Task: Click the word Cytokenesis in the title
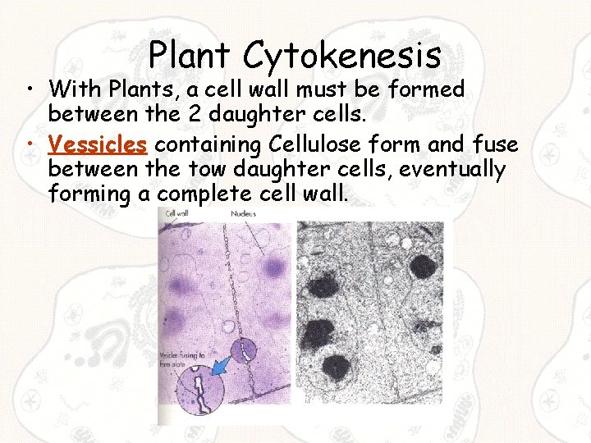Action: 342,57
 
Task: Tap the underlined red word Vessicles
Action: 98,145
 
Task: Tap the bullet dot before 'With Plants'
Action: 31,89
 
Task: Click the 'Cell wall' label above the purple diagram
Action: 178,213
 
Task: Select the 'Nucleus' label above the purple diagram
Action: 243,213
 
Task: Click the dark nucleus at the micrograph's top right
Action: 424,267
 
